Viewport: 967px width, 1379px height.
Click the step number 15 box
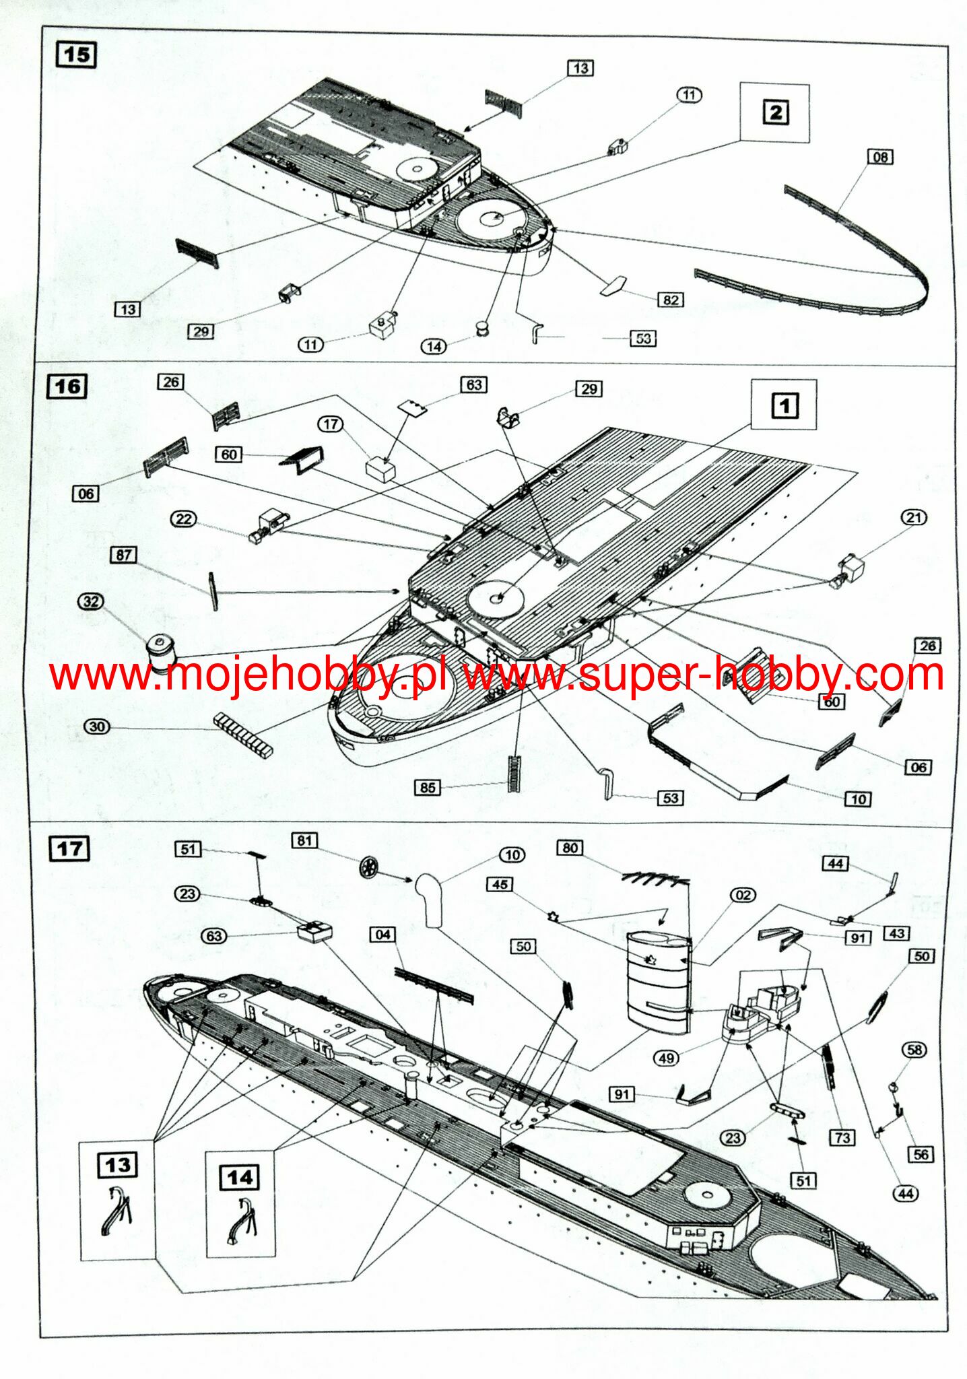tap(76, 55)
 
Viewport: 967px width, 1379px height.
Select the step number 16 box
tap(67, 386)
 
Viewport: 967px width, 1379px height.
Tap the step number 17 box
tap(69, 849)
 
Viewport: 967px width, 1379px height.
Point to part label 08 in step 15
tap(880, 157)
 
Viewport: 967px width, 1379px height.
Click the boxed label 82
tap(670, 300)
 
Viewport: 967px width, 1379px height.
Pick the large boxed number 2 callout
tap(776, 112)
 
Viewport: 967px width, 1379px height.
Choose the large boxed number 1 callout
tap(785, 405)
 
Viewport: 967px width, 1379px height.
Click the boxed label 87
tap(123, 555)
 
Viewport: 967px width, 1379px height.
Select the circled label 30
tap(97, 727)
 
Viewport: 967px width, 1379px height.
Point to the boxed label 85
tap(428, 787)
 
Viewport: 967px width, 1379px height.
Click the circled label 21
tap(913, 517)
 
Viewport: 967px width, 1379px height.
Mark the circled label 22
tap(184, 519)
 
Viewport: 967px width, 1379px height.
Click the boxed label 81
tap(304, 840)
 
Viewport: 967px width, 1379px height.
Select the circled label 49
tap(666, 1058)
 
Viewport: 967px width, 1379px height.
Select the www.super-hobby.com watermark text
tap(704, 675)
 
